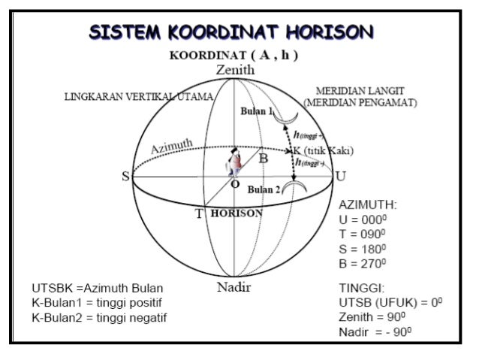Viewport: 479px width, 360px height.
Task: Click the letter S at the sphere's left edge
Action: click(x=125, y=177)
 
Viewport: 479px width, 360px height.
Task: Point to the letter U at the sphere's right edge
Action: click(x=341, y=177)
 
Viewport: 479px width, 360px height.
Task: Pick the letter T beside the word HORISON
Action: click(x=200, y=213)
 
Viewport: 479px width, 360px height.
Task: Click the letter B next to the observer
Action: click(x=264, y=159)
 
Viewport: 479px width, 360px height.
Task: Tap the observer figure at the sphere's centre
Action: click(x=235, y=161)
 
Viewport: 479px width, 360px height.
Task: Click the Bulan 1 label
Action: click(x=256, y=110)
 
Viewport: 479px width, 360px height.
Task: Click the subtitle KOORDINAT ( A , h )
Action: click(x=234, y=55)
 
